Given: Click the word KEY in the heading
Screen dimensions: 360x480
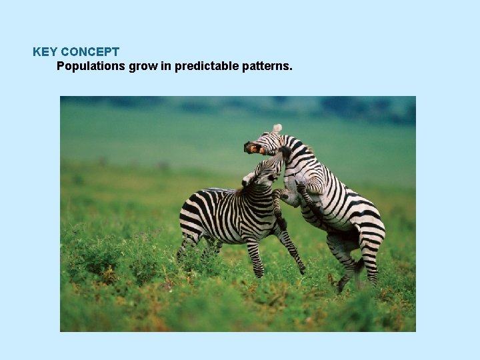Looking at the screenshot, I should (44, 51).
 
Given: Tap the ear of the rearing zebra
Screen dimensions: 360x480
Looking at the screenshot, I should (277, 128).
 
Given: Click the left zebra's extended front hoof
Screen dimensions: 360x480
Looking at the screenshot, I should (303, 271).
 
